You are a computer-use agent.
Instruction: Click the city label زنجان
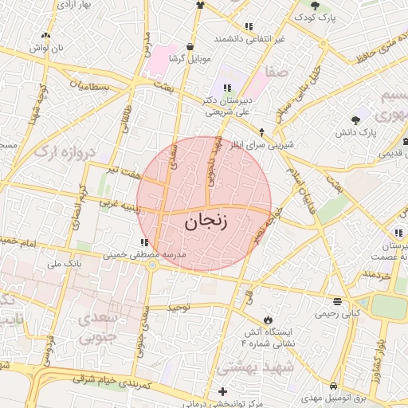pyautogui.click(x=206, y=222)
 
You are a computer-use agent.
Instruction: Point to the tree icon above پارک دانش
pyautogui.click(x=355, y=120)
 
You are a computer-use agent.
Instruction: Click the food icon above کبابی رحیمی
pyautogui.click(x=338, y=301)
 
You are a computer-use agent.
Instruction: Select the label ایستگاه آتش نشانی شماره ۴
pyautogui.click(x=267, y=336)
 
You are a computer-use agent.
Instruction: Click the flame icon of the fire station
pyautogui.click(x=268, y=320)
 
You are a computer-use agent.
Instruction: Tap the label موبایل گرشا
pyautogui.click(x=188, y=59)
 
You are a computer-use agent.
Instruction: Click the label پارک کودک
pyautogui.click(x=313, y=16)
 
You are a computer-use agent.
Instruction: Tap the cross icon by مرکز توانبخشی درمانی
pyautogui.click(x=222, y=391)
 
